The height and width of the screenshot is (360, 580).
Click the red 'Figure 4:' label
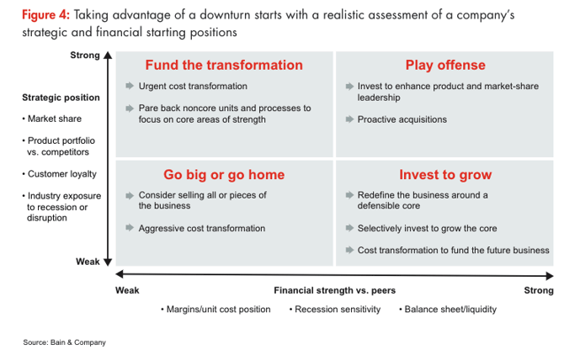tap(45, 15)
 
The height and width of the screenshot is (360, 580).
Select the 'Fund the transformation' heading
tap(224, 65)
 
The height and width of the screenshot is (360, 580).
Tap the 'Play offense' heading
tap(445, 65)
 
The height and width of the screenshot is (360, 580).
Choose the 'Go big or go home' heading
tap(224, 174)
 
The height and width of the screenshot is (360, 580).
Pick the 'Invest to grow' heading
tap(445, 174)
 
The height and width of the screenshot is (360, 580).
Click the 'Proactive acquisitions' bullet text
tap(402, 119)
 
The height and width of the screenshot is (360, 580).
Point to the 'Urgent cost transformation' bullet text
tap(193, 86)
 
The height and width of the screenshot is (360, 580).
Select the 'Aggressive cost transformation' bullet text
tap(201, 229)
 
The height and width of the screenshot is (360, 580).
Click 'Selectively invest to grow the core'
tap(427, 229)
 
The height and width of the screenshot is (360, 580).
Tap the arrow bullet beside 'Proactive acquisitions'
tap(349, 119)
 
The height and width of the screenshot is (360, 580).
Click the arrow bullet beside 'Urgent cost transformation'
tap(130, 86)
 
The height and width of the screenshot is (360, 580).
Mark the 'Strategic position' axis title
tap(61, 98)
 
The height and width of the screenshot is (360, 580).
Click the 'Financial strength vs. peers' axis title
tap(335, 290)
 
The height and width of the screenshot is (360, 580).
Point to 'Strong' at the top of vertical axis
tap(85, 55)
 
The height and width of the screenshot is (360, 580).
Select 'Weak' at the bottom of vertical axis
tap(88, 262)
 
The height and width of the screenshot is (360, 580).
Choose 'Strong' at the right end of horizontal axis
tap(539, 290)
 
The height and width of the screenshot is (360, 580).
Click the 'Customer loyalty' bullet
tap(60, 174)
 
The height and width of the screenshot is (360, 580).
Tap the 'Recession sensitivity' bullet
tap(335, 310)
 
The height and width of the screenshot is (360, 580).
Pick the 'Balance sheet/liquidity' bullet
tap(448, 310)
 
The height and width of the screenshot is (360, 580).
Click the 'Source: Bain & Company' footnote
tap(64, 342)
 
